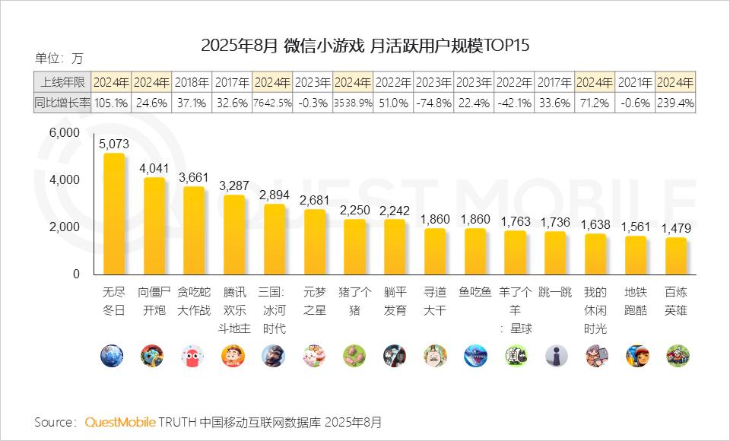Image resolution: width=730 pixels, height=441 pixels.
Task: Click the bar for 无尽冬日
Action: coord(113,214)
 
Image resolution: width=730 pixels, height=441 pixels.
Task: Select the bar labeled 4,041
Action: coord(154,226)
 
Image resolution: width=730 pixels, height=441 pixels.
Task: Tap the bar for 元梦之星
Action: coord(315,242)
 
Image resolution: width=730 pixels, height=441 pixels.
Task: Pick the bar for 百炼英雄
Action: coord(675,256)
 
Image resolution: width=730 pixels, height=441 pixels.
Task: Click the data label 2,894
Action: coord(275,195)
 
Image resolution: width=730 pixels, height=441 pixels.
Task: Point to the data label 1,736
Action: coord(555,222)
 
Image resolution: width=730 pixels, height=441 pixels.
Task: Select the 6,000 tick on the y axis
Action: coord(65,132)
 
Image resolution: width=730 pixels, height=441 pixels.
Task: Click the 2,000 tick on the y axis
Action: coord(65,227)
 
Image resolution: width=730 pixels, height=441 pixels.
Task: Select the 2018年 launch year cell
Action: coord(193,82)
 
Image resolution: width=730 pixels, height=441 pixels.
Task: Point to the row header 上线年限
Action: coord(62,82)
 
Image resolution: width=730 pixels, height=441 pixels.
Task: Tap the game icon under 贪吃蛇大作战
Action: coord(193,355)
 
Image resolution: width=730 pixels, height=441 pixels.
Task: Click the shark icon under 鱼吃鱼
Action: coord(475,355)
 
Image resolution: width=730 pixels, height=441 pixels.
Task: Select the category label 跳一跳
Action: coord(555,292)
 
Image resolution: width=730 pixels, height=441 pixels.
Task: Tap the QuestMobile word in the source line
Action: coord(120,421)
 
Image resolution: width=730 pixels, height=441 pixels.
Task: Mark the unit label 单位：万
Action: coord(59,58)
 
